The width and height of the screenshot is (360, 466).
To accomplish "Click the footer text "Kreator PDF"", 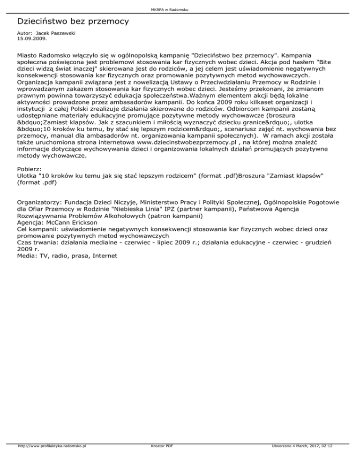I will click(x=160, y=459).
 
